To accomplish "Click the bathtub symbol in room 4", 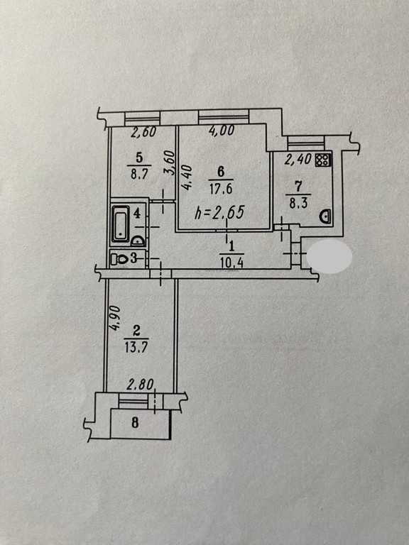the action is click(121, 224).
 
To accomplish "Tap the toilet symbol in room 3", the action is click(119, 258).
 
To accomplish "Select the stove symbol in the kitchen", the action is click(323, 160).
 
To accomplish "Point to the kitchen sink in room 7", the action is click(325, 216).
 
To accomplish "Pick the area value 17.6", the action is click(221, 189).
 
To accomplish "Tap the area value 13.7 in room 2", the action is click(136, 347).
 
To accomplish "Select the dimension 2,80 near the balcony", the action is click(141, 385).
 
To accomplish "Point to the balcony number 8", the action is click(136, 423).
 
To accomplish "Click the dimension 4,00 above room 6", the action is click(222, 131).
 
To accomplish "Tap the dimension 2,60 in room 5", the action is click(143, 132).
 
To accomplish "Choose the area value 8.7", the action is click(139, 174).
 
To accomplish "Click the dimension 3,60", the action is click(169, 163).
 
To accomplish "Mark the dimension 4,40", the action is click(187, 177).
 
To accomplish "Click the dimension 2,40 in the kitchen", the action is click(298, 159).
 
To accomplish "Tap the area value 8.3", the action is click(298, 203).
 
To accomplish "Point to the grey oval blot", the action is click(329, 256).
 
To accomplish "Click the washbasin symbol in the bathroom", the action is click(138, 241).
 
